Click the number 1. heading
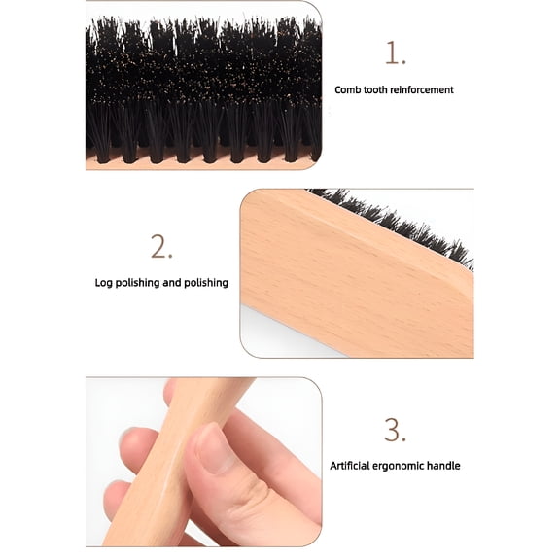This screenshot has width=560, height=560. tap(395, 53)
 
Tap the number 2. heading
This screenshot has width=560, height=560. tap(161, 247)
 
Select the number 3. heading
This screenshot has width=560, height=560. tap(395, 429)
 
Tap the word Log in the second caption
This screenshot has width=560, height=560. tap(104, 283)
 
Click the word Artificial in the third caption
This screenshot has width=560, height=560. tap(352, 466)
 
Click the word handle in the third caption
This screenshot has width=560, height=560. tap(445, 466)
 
